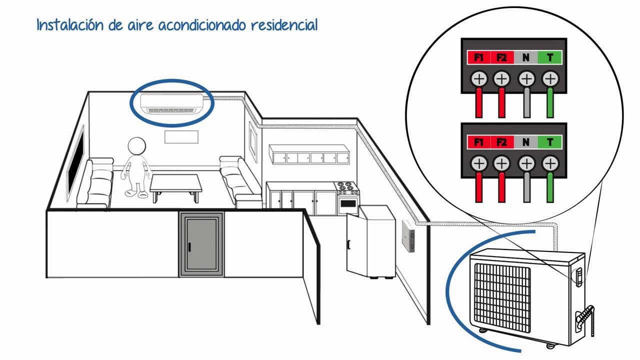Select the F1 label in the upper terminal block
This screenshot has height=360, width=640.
pos(478,57)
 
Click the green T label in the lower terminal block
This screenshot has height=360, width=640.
pos(550,142)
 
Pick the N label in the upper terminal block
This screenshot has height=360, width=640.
pos(525,57)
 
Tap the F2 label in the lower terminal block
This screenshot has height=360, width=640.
pos(502,142)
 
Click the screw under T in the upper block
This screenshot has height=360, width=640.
pos(550,78)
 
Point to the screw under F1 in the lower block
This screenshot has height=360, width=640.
pos(479,163)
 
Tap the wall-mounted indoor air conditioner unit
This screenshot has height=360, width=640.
pos(171,103)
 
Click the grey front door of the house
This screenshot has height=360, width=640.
pos(201,244)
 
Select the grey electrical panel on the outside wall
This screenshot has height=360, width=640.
pos(408,236)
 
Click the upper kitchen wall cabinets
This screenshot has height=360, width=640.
pos(308,154)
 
